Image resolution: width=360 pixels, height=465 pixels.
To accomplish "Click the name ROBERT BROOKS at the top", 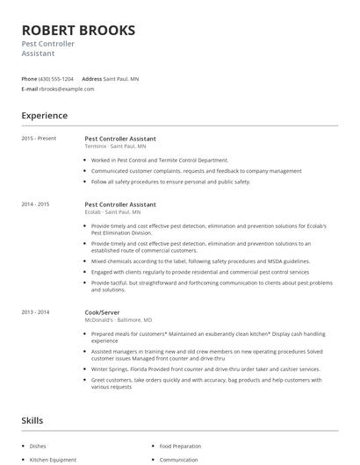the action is (78, 31).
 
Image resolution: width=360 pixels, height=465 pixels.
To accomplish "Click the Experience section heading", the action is (44, 115).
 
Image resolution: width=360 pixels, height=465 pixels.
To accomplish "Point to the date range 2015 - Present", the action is (39, 139).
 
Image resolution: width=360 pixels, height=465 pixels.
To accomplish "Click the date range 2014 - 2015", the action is (35, 204).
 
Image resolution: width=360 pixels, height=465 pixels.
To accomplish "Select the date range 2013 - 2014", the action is (35, 311).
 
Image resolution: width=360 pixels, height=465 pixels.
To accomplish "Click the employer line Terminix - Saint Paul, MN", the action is (114, 146).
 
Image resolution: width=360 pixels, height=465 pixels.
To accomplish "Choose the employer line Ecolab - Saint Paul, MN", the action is (112, 211).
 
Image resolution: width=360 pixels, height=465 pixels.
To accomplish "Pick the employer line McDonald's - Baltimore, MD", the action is (117, 319).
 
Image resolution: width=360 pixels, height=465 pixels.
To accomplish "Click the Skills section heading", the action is (33, 421).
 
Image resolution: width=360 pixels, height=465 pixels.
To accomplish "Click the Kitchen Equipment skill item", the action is (54, 459).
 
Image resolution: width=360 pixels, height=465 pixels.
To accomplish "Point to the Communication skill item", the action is (178, 459).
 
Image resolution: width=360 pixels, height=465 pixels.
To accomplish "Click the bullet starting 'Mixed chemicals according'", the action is (188, 261).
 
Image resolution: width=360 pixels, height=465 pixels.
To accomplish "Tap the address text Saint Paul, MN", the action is (121, 79).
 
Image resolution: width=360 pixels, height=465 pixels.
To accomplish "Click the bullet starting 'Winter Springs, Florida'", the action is (207, 368).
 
